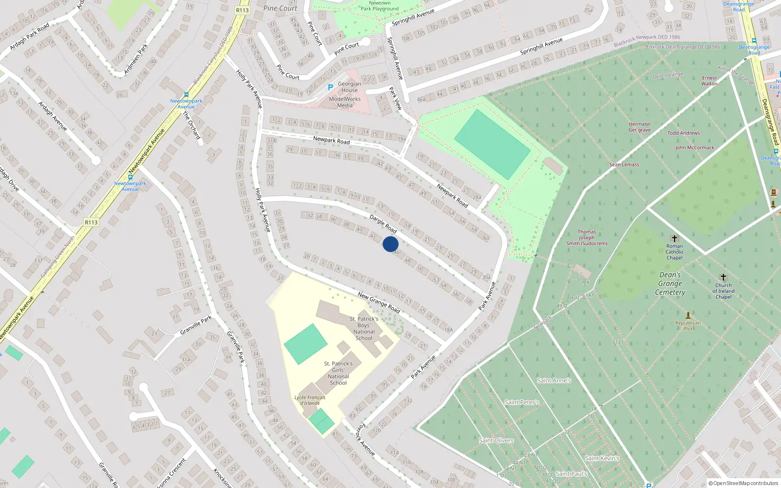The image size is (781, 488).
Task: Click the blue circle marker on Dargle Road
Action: pyautogui.click(x=390, y=244)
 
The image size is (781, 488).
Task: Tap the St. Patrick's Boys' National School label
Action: pyautogui.click(x=364, y=328)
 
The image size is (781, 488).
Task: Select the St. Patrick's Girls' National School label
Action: pyautogui.click(x=338, y=373)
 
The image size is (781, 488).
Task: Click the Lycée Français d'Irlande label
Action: pyautogui.click(x=310, y=400)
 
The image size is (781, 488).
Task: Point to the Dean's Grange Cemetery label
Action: pyautogui.click(x=670, y=284)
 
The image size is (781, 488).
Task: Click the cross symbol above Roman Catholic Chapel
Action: pyautogui.click(x=675, y=239)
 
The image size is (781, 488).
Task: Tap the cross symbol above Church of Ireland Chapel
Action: pyautogui.click(x=723, y=277)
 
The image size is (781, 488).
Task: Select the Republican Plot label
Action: pyautogui.click(x=688, y=325)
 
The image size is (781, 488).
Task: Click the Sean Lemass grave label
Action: pyautogui.click(x=624, y=165)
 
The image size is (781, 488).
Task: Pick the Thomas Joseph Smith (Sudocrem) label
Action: pyautogui.click(x=587, y=238)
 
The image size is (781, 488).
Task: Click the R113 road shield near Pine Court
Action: pyautogui.click(x=242, y=10)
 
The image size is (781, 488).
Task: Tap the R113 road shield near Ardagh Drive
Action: pyautogui.click(x=91, y=223)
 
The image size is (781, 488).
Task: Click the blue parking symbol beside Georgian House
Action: pyautogui.click(x=330, y=87)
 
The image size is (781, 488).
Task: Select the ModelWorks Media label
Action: pyautogui.click(x=345, y=102)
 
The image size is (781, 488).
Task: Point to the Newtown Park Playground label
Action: pyautogui.click(x=380, y=6)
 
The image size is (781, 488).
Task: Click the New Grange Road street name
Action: pyautogui.click(x=379, y=303)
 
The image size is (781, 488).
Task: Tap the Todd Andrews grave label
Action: pyautogui.click(x=683, y=133)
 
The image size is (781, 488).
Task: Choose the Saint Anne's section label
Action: pyautogui.click(x=554, y=381)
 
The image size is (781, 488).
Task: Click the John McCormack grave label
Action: pyautogui.click(x=695, y=148)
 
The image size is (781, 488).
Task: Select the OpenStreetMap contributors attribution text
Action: pyautogui.click(x=743, y=483)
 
